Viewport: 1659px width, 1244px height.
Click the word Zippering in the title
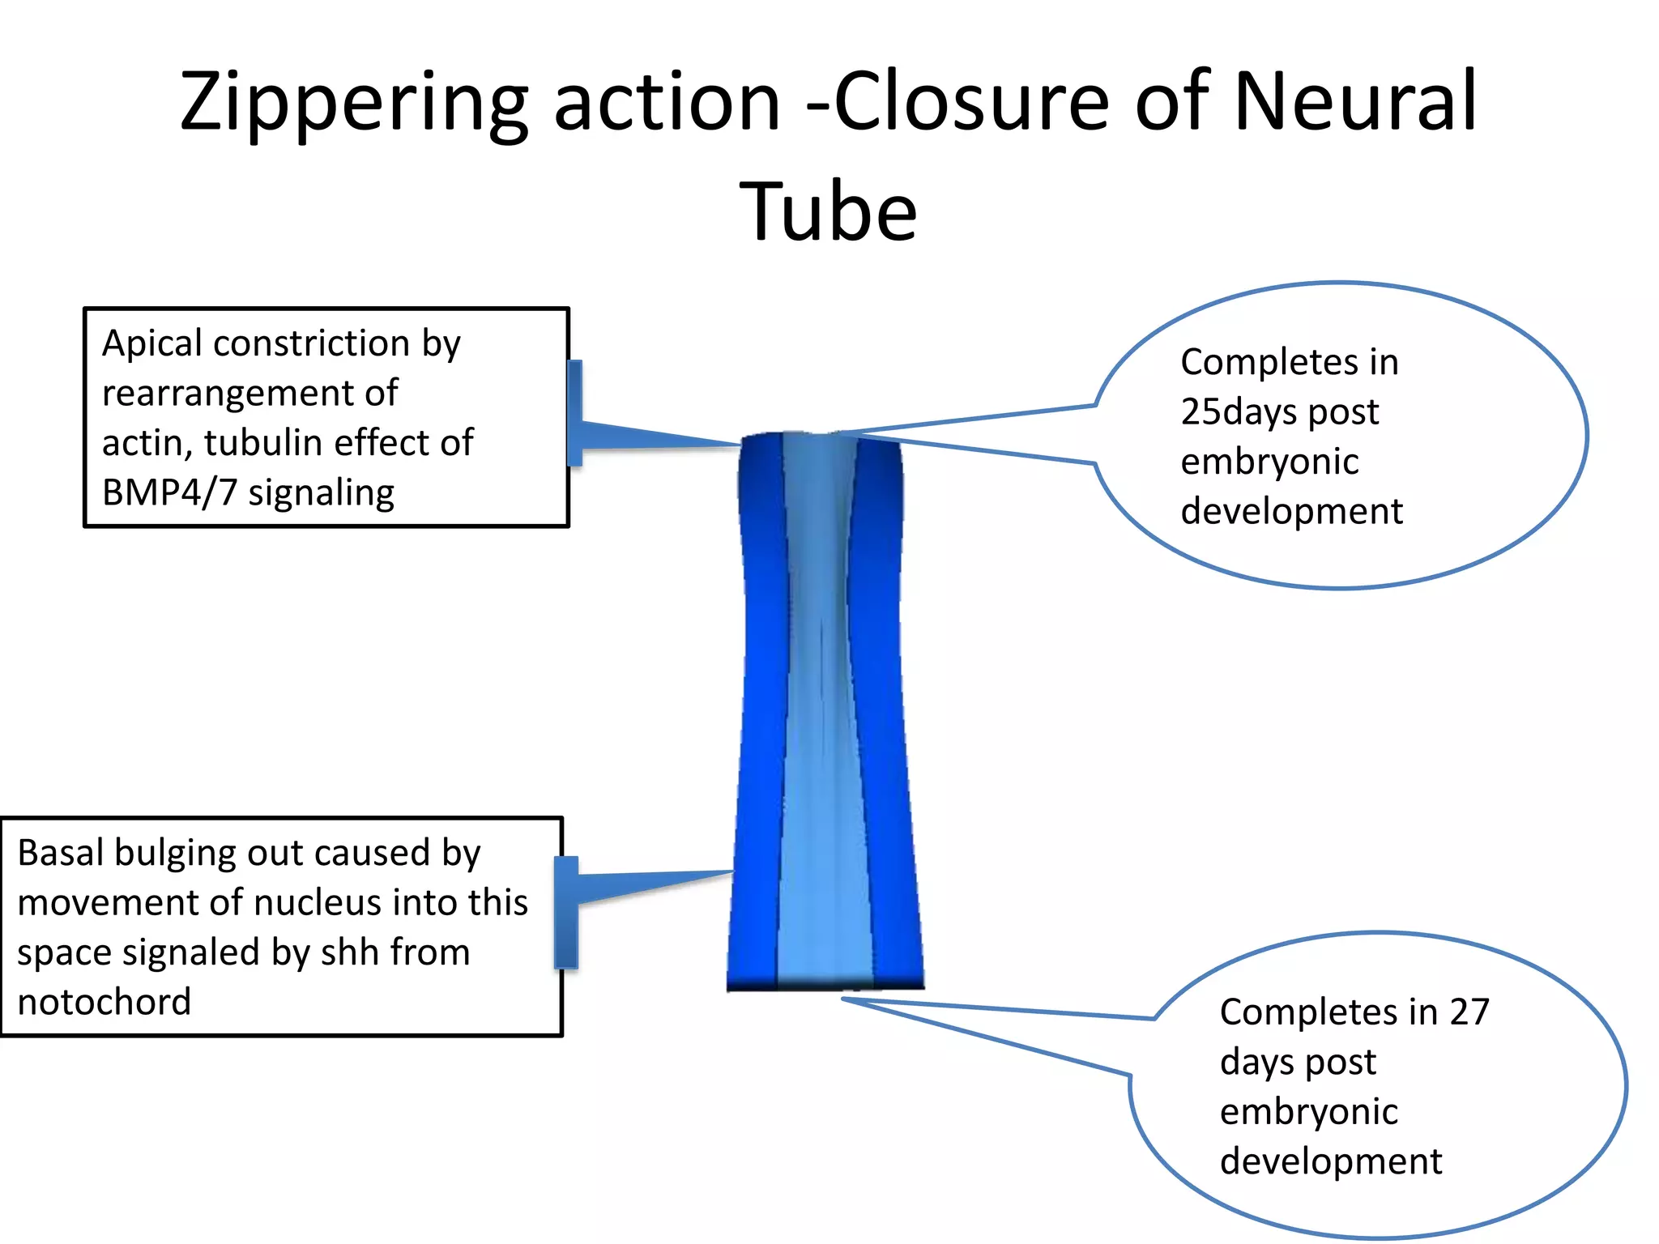(353, 104)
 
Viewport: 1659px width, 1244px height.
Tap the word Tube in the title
(828, 212)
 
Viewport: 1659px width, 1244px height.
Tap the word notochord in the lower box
(104, 1003)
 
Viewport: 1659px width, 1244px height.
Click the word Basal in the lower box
(60, 853)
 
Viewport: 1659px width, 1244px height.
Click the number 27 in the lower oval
(1469, 1012)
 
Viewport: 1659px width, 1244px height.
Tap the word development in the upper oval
(1291, 512)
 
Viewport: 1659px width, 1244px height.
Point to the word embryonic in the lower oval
(1308, 1112)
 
